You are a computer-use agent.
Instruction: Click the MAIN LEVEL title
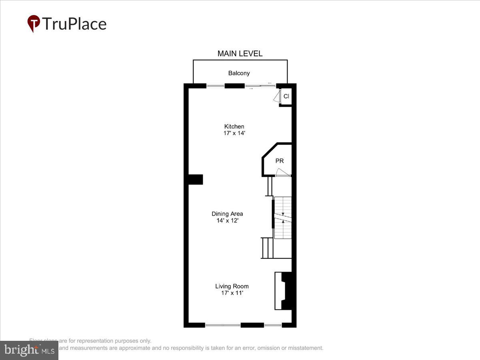pos(240,54)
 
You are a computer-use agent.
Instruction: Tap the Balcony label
pos(239,73)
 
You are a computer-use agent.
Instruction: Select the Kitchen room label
pos(234,126)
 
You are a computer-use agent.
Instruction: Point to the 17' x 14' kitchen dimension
pos(234,133)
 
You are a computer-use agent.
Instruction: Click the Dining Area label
pos(227,214)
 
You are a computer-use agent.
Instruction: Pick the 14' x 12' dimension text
pos(227,220)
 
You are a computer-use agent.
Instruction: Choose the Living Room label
pos(232,286)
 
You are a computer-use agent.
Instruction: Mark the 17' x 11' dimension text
pos(232,293)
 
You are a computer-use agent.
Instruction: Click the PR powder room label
pos(280,161)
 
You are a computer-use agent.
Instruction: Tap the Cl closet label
pos(286,96)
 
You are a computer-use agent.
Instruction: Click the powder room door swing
pos(282,172)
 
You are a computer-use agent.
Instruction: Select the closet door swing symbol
pos(276,96)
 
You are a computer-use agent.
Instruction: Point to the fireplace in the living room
pos(285,291)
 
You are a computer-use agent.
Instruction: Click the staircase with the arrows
pos(282,218)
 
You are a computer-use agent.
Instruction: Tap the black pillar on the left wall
pos(196,180)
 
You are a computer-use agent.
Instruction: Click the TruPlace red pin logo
pos(34,24)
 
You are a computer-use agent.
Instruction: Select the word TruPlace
pos(74,24)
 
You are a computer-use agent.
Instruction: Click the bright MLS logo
pos(29,350)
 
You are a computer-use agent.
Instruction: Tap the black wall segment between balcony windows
pos(234,86)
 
